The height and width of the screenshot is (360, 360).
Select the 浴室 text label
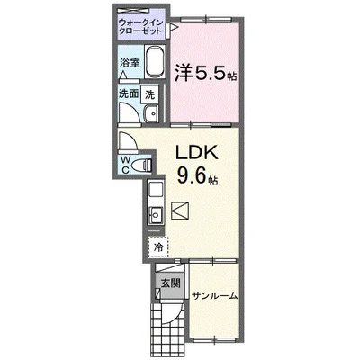click(x=130, y=63)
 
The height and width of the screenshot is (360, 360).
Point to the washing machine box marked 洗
click(x=150, y=93)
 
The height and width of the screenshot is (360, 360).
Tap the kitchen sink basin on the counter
click(x=154, y=213)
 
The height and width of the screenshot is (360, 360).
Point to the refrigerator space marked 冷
click(x=157, y=244)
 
